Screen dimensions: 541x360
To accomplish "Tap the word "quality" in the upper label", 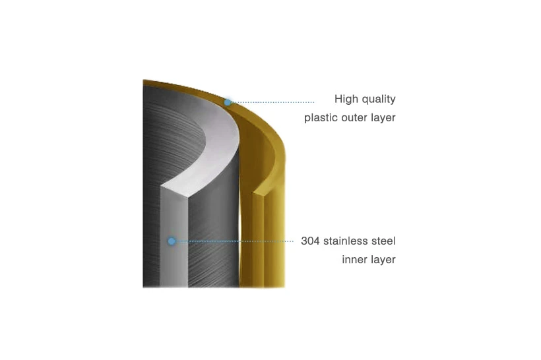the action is [378, 100].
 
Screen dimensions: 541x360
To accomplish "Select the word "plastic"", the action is [321, 118].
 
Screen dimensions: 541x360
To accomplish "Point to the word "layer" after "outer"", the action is [383, 118].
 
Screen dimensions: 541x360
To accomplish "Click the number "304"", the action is [310, 241].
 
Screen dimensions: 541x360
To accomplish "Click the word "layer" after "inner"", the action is [382, 260].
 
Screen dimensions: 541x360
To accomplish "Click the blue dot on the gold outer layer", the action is [228, 102].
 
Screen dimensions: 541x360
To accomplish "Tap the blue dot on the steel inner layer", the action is [172, 241].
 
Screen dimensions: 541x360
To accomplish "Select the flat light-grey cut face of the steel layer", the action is [174, 238].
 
